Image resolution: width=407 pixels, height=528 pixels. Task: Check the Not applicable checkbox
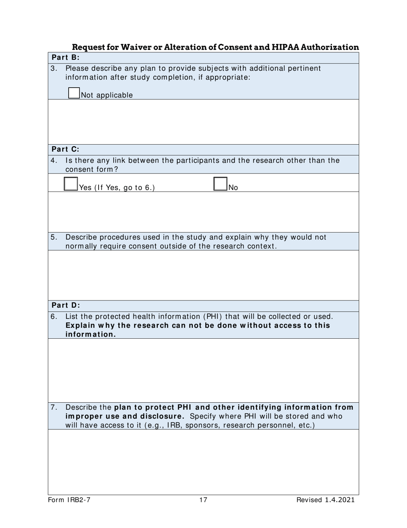74,93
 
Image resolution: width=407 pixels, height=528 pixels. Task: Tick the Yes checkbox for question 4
71,184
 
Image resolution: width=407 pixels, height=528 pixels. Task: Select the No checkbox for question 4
220,184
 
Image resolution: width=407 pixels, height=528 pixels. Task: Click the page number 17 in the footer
203,500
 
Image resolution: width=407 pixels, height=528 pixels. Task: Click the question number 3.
53,68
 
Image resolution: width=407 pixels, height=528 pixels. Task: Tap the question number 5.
53,237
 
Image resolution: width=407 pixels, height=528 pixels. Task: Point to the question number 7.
53,407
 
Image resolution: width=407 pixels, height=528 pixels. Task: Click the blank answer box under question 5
203,275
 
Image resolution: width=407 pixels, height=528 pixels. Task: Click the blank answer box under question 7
203,462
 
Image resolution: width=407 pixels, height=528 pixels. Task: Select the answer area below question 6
203,369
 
